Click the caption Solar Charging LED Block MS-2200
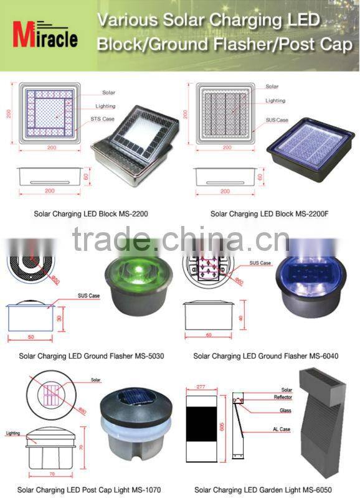(91, 214)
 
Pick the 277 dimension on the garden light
(201, 387)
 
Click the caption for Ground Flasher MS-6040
(265, 357)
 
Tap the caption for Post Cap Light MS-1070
(89, 490)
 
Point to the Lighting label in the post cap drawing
(13, 432)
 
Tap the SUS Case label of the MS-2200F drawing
(277, 120)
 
